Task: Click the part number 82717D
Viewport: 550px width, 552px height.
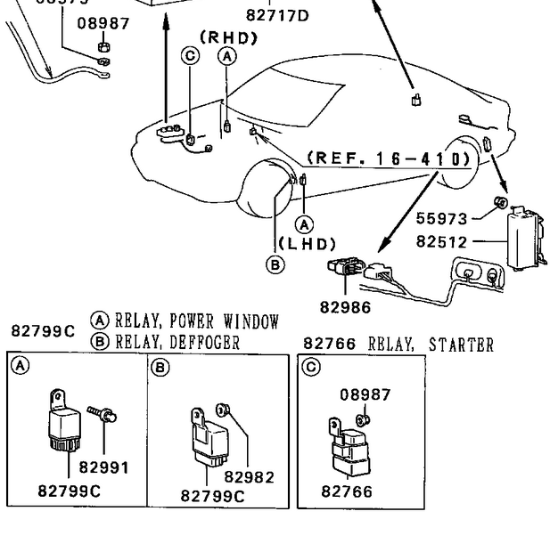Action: click(276, 15)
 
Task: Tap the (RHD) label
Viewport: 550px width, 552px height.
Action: click(228, 37)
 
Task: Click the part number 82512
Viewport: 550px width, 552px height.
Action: click(441, 241)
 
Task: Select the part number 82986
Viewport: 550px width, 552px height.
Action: click(345, 307)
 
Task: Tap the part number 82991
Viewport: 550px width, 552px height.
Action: click(103, 467)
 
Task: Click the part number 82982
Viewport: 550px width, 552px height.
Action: click(249, 478)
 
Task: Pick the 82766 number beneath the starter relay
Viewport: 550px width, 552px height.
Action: click(347, 491)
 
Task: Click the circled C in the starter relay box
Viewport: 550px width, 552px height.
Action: click(310, 367)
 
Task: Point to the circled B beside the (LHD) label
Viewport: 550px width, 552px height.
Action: click(275, 264)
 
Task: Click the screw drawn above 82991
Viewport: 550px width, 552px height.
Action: click(103, 413)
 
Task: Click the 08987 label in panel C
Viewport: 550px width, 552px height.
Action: click(365, 394)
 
